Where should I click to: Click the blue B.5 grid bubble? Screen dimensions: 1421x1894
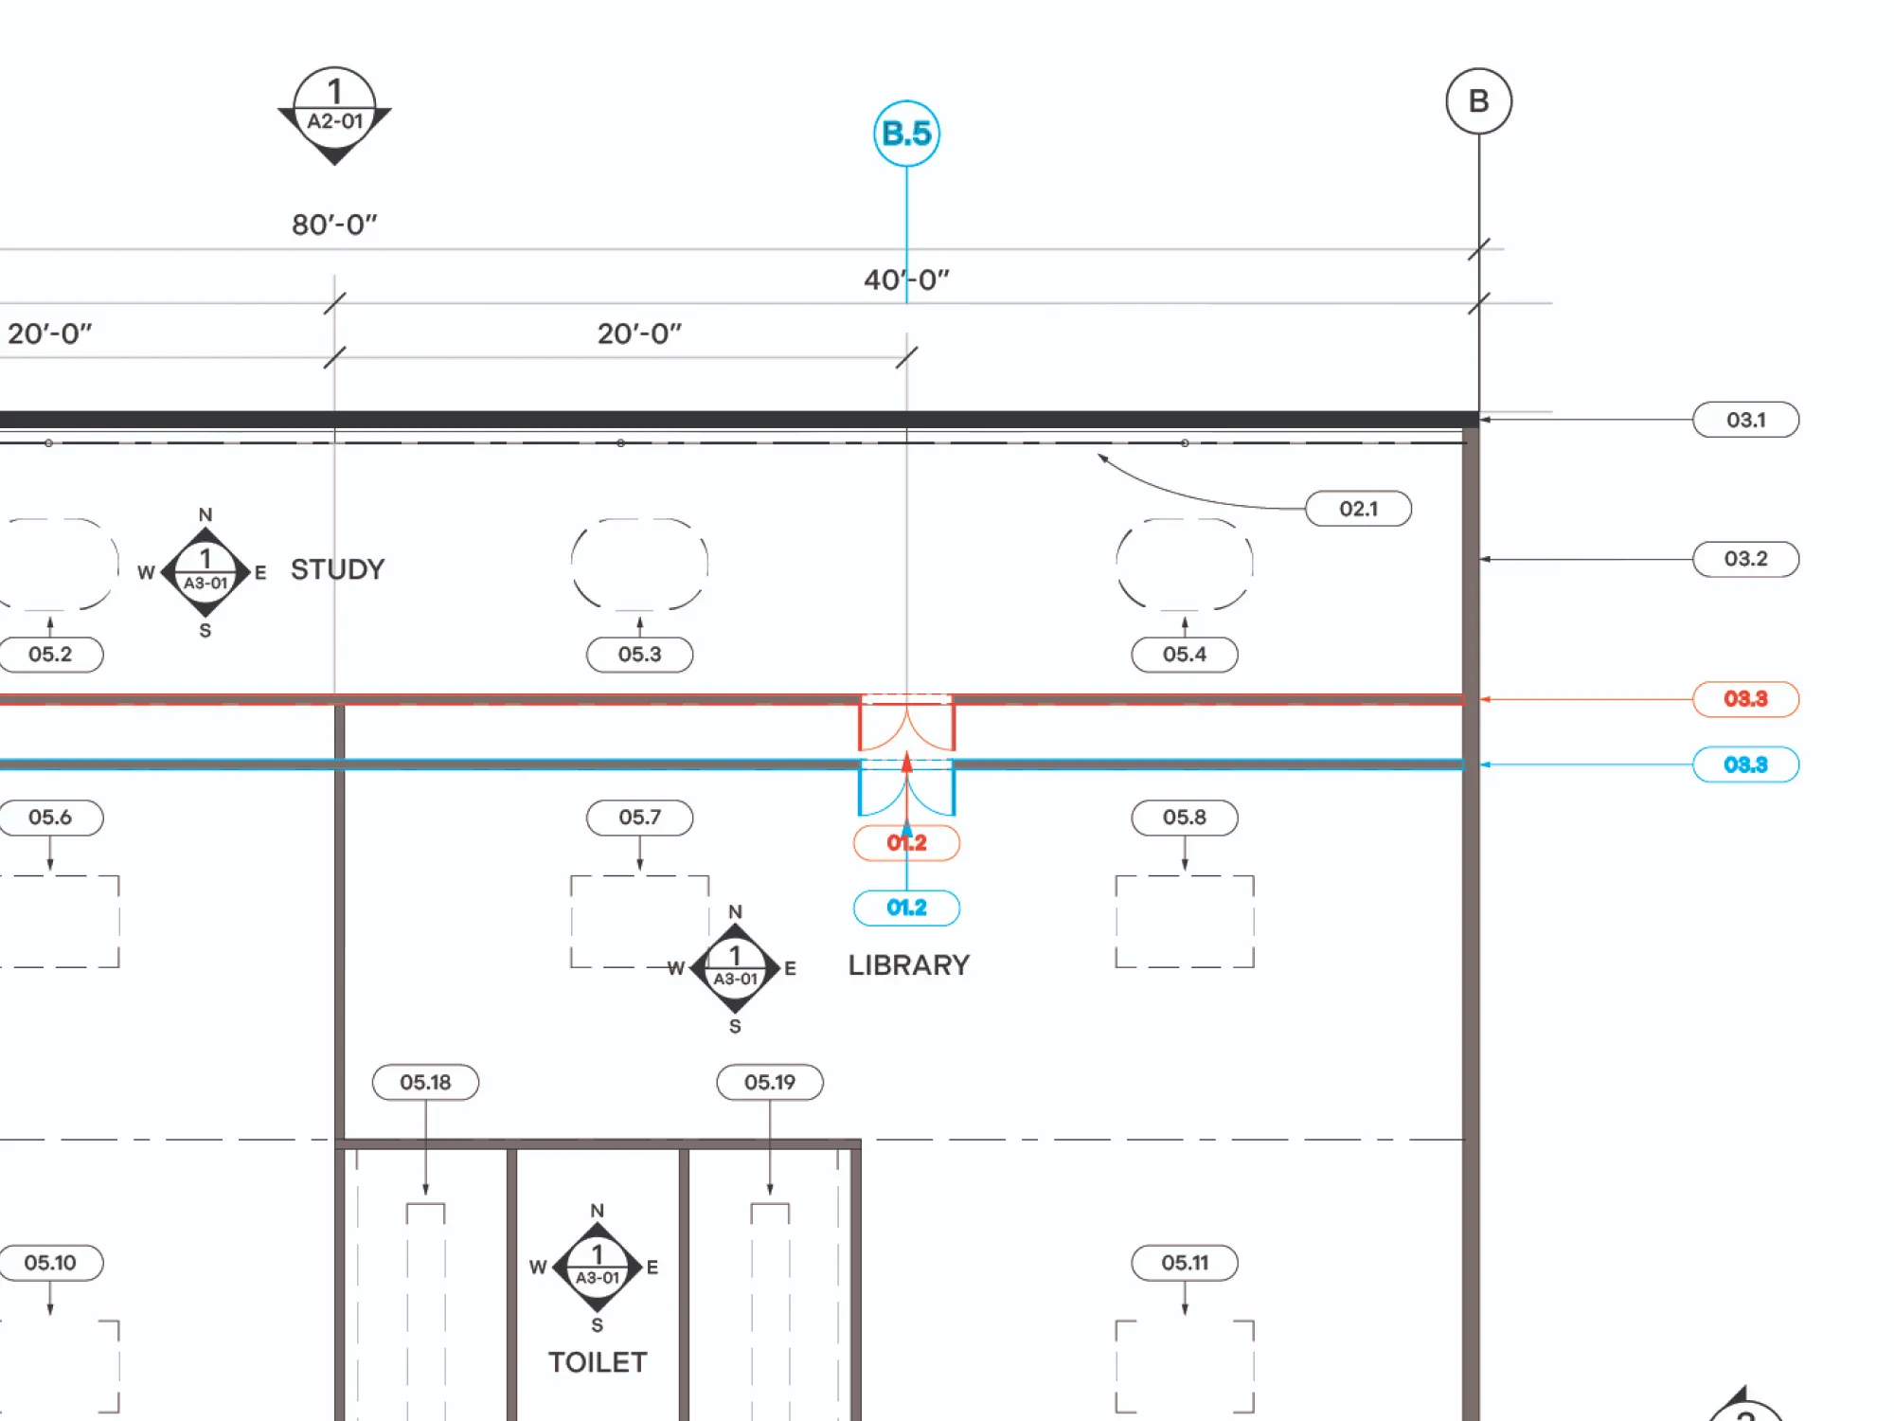(906, 134)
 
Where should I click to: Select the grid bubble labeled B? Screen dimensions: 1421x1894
(1478, 101)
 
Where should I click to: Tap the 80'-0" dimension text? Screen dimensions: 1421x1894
(334, 225)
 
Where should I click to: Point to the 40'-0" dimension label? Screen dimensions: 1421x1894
(906, 279)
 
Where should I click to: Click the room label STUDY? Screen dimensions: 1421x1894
(337, 569)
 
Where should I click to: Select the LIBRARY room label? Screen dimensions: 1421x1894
(908, 965)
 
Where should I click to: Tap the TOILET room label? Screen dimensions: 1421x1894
(598, 1362)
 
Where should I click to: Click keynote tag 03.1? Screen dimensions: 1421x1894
(1745, 420)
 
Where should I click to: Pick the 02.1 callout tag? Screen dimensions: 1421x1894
(1358, 509)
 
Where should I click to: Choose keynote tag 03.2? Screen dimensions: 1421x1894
(1745, 559)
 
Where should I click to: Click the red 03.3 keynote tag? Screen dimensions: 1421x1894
(1745, 699)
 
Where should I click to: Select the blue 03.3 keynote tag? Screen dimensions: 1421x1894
(1745, 764)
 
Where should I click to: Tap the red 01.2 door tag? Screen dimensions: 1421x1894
(906, 843)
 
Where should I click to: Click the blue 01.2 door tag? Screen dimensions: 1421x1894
(906, 908)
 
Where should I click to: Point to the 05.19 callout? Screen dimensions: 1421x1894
(769, 1082)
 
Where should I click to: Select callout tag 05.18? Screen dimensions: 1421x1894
(425, 1082)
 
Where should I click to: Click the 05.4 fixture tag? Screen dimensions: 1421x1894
(1184, 655)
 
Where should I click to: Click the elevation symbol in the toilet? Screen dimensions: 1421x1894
(598, 1267)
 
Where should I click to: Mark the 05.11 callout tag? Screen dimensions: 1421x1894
(1184, 1263)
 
